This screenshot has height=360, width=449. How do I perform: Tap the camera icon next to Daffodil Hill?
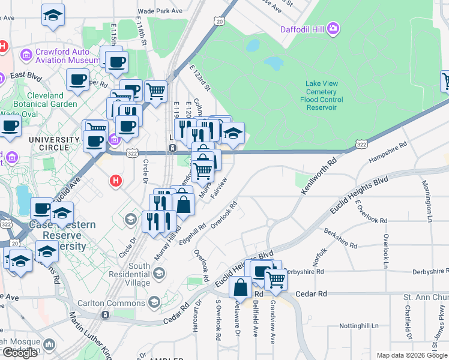point(333,28)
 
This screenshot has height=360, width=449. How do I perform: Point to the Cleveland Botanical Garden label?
point(45,100)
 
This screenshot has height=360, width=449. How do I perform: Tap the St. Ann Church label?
point(426,297)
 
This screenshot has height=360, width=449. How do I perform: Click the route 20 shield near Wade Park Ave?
point(219,21)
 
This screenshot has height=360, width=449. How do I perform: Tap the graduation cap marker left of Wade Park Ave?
point(53,15)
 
